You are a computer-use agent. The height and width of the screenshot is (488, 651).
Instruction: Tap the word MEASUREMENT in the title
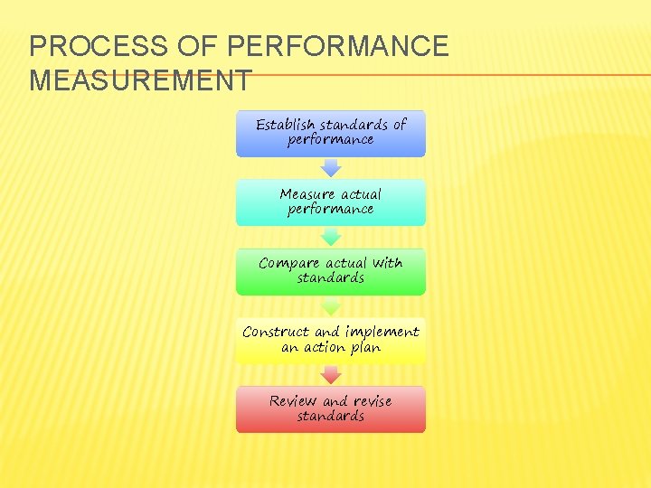pos(140,80)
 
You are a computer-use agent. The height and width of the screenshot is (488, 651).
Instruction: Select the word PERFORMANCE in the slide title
pos(339,47)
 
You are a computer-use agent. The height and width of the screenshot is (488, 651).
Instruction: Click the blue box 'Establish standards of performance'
pos(331,134)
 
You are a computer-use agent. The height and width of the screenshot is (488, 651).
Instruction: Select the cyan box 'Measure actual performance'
pos(331,202)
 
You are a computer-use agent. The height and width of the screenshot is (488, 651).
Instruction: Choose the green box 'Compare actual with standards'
pos(331,271)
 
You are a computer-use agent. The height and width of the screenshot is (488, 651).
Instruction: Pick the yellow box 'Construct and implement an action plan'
pos(331,341)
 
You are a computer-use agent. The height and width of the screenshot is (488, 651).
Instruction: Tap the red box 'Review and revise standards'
pos(331,409)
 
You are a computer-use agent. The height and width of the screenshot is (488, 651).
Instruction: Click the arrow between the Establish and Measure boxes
pos(331,167)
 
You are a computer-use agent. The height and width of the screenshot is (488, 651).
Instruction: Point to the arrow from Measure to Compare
pos(331,237)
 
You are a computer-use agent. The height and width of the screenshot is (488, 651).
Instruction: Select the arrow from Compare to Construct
pos(331,306)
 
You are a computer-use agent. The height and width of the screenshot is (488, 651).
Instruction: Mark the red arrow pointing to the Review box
pos(331,375)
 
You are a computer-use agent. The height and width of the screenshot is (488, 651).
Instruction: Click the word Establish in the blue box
pos(286,125)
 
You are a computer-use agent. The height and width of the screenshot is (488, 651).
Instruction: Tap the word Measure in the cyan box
pos(307,194)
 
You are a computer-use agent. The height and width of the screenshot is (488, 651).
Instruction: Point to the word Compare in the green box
pos(289,264)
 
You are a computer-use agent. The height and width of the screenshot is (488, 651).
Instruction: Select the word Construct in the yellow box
pos(277,333)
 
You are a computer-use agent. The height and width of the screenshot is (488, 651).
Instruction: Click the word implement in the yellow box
pos(381,333)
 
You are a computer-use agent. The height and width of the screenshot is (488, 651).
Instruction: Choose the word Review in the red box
pos(293,401)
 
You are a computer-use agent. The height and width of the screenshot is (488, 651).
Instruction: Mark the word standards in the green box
pos(331,278)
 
